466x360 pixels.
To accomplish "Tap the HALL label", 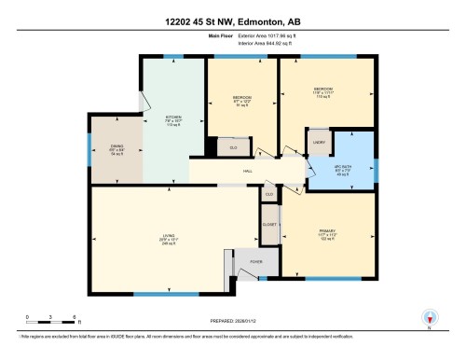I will (x=249, y=170).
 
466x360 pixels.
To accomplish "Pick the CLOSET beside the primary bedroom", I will (x=268, y=226).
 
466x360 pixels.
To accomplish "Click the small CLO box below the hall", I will (x=268, y=193).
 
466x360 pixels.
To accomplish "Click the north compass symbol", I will (x=430, y=318).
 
